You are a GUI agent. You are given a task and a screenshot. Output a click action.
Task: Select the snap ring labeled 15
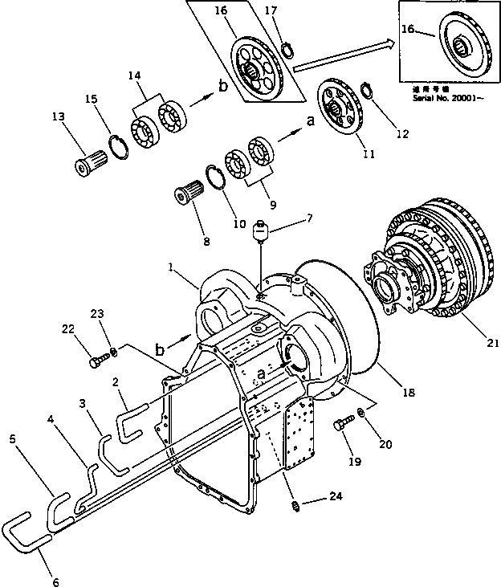click(118, 149)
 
